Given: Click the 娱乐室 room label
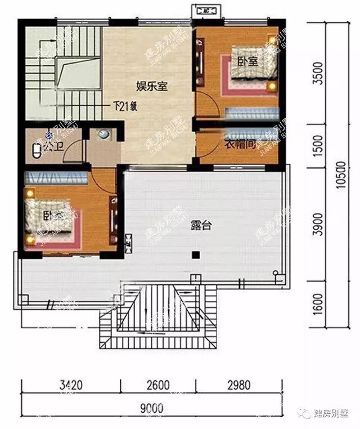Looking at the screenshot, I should coord(154,87).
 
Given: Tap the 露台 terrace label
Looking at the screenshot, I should coord(203,226).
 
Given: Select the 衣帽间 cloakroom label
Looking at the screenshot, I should coord(240,144).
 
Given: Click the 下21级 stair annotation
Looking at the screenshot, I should coord(125,105).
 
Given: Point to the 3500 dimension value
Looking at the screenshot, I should coord(319,73).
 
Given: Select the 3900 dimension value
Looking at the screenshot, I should coord(319,225).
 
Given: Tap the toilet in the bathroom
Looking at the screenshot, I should coord(38,150).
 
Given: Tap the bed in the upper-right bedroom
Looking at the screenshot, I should coord(248,70).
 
